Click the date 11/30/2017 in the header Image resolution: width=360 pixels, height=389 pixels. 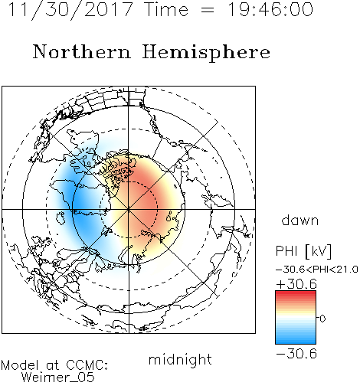click(x=70, y=10)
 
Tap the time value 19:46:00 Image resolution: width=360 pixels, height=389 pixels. click(x=270, y=10)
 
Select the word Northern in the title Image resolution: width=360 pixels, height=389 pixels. click(x=81, y=52)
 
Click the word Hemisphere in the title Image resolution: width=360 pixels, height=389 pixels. click(x=206, y=53)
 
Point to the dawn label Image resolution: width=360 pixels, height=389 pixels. click(x=300, y=220)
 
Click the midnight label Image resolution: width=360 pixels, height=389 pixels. click(x=180, y=360)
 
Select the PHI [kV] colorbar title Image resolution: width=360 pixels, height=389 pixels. click(x=303, y=251)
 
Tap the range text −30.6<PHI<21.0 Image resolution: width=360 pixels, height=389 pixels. click(x=317, y=270)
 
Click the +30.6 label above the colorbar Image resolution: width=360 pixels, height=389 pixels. click(x=296, y=284)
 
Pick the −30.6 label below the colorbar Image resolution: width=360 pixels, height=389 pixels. click(x=296, y=354)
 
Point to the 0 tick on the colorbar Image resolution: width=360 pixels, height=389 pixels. click(x=322, y=319)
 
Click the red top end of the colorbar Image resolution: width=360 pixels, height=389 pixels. click(x=296, y=293)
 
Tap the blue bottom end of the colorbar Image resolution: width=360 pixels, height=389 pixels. click(x=296, y=342)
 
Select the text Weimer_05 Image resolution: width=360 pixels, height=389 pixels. click(x=58, y=378)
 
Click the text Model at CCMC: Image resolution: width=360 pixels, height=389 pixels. click(x=54, y=365)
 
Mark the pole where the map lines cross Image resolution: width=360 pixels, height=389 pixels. click(x=129, y=209)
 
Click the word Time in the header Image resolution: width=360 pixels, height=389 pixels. click(x=166, y=10)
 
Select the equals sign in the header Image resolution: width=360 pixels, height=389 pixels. click(x=208, y=11)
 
